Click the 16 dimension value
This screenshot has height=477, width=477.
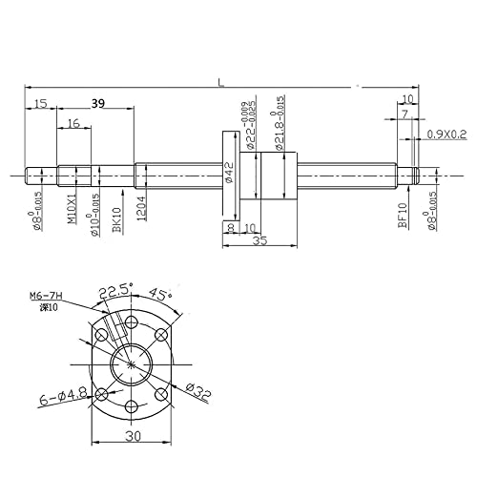pos(74,124)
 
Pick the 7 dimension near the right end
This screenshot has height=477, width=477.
pos(404,114)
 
